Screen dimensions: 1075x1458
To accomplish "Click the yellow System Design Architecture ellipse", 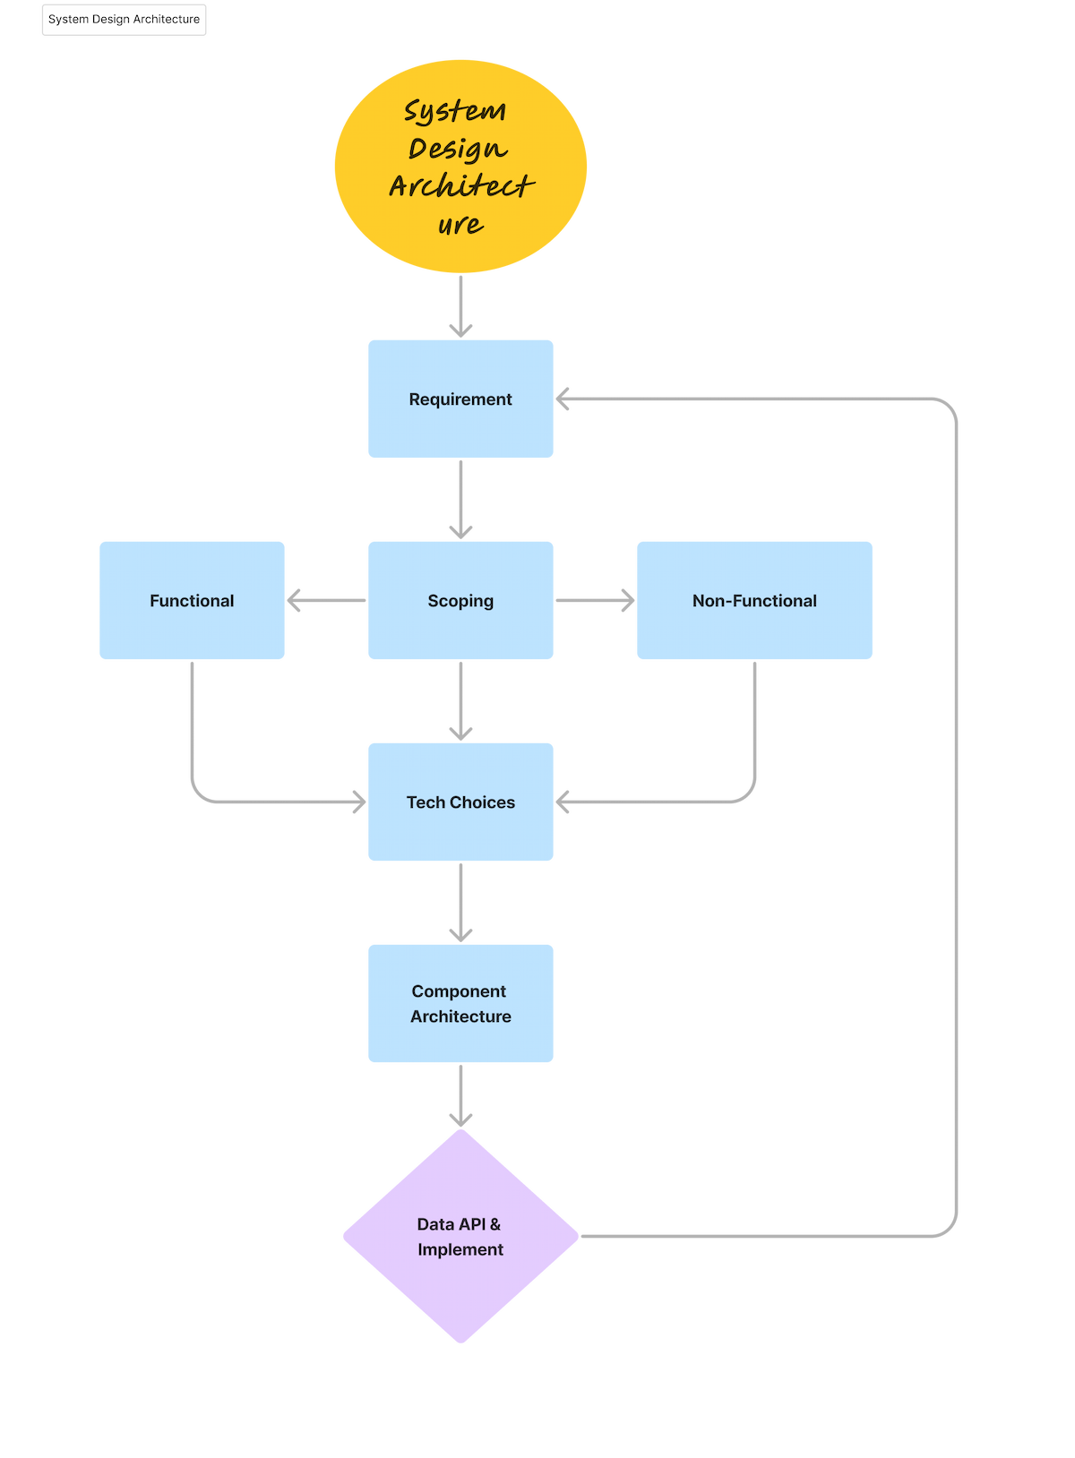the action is [x=460, y=166].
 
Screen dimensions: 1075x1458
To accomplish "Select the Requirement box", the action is [x=460, y=399].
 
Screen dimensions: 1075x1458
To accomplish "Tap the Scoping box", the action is [x=460, y=600].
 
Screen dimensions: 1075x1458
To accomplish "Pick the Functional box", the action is [x=192, y=600].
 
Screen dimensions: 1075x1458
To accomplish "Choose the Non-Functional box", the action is [x=754, y=600].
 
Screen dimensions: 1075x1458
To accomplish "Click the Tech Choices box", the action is [x=460, y=802].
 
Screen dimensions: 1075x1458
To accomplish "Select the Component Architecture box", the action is [x=460, y=1003].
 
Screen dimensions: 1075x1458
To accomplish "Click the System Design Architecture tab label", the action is [x=124, y=20].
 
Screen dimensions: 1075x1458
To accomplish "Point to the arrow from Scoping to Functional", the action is [x=326, y=600].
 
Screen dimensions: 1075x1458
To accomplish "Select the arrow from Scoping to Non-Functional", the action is [x=595, y=600].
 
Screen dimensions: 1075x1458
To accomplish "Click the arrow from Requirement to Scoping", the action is [x=460, y=499].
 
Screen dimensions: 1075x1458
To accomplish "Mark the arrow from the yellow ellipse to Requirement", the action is [x=460, y=306].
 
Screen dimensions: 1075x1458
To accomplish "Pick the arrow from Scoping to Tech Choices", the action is [x=460, y=701].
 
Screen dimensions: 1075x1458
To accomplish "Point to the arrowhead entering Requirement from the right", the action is [x=563, y=399].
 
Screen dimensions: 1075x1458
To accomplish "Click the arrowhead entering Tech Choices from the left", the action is [x=359, y=802].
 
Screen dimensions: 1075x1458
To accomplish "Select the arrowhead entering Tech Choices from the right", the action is [x=563, y=802].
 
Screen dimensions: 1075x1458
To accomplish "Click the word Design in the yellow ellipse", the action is [x=458, y=149].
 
